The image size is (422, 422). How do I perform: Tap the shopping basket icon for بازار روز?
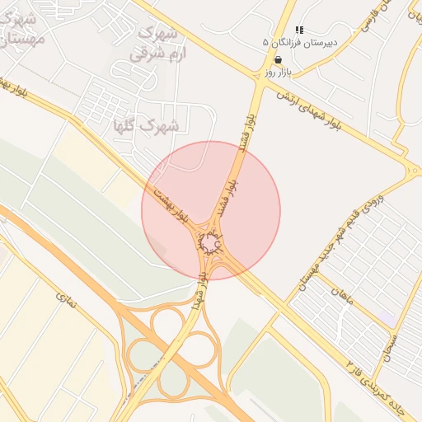click(278, 59)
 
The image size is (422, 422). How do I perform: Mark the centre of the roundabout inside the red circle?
click(211, 245)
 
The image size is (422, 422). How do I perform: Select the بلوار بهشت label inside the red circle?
click(173, 206)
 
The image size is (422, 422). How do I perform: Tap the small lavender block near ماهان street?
click(387, 317)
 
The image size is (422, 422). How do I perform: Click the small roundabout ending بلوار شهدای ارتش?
click(411, 171)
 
